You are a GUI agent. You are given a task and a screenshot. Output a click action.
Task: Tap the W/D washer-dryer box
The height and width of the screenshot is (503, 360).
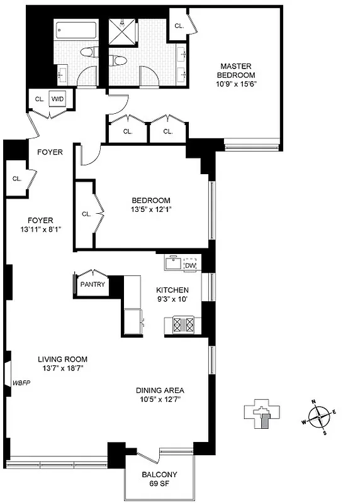point(57,99)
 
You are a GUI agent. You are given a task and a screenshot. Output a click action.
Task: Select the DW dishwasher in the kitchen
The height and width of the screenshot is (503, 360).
point(189,266)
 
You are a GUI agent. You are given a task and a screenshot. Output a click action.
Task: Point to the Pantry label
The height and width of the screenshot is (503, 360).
point(92,284)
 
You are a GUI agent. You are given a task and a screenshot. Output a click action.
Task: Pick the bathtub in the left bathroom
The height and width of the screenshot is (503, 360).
point(75,30)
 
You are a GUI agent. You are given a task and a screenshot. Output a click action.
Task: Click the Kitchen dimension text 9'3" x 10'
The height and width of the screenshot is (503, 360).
point(172,299)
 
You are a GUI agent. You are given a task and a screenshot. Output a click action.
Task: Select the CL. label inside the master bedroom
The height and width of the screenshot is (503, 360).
point(179,26)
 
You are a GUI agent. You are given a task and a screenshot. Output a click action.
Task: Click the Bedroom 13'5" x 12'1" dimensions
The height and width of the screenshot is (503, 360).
point(151,209)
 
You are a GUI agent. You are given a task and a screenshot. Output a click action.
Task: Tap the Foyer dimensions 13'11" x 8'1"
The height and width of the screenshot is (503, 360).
point(40,229)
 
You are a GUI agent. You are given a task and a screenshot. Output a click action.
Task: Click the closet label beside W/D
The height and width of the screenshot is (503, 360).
point(38,99)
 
